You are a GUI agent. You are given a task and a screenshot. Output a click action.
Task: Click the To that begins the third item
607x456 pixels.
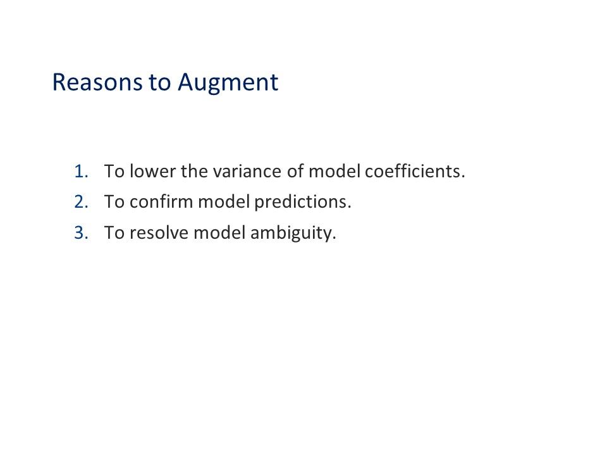114,233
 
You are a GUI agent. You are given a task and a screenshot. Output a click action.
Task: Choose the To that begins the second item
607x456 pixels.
114,202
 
